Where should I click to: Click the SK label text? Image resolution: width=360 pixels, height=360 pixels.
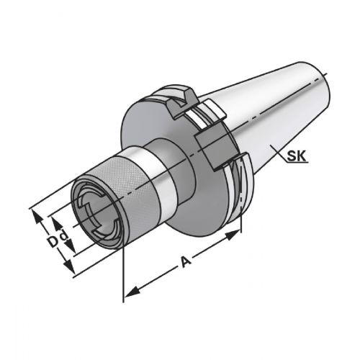pyautogui.click(x=297, y=156)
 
